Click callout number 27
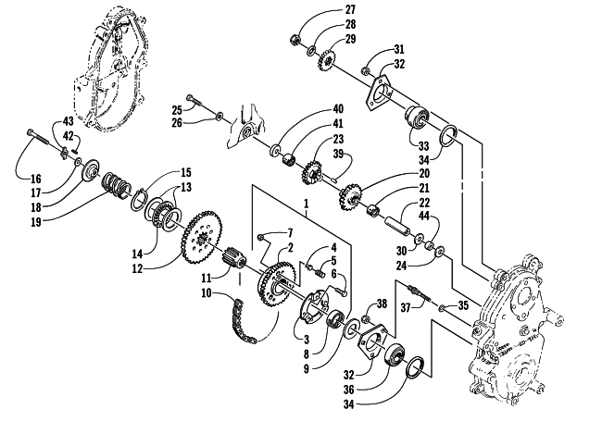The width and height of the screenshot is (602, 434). (x=350, y=9)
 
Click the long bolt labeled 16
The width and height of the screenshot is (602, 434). (x=37, y=137)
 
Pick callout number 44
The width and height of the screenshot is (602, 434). (x=423, y=217)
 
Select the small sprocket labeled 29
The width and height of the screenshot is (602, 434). (x=327, y=60)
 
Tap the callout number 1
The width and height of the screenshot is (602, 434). (x=306, y=203)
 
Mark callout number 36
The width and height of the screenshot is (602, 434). (x=348, y=390)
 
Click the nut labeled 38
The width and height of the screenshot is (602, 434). (x=366, y=319)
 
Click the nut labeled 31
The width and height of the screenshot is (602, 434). (x=366, y=70)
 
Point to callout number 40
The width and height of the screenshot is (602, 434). (x=337, y=109)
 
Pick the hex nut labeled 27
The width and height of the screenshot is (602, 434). (x=295, y=39)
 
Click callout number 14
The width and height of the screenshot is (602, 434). (x=138, y=254)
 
